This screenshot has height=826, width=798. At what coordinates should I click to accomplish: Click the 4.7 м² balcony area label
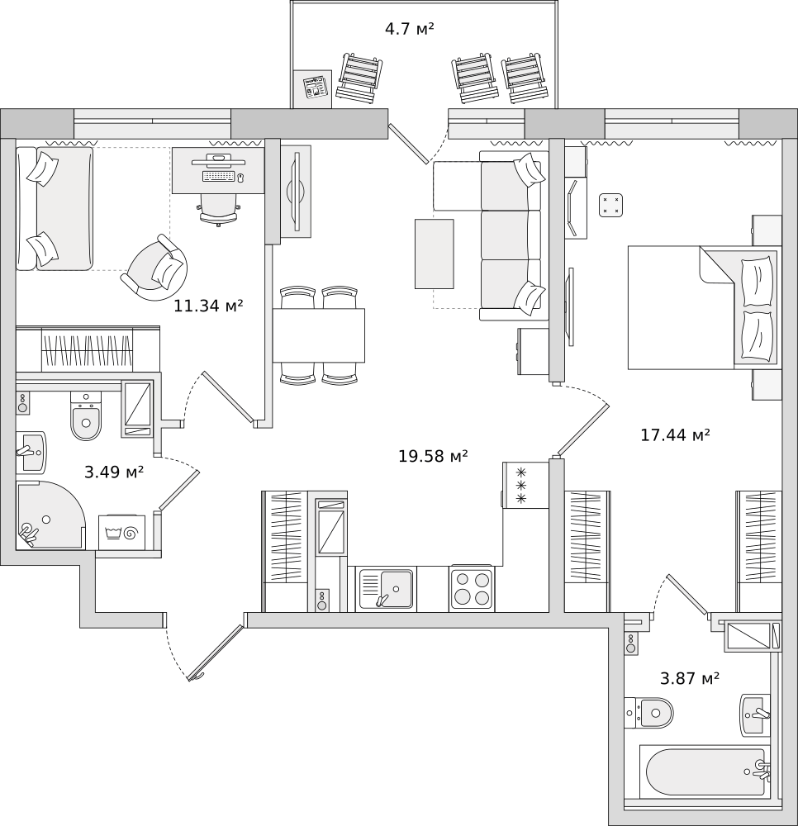click(409, 28)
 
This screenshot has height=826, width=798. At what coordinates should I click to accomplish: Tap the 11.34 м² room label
click(208, 305)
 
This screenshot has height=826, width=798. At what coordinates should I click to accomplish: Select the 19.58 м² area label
click(433, 456)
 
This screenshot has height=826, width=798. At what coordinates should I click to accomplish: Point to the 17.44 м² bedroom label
click(675, 434)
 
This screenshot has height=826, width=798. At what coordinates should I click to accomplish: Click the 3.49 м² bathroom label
click(114, 472)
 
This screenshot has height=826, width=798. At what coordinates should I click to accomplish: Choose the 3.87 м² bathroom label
click(690, 678)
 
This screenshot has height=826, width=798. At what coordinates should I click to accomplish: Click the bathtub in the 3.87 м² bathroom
click(705, 772)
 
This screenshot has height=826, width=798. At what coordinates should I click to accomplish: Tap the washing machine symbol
click(121, 532)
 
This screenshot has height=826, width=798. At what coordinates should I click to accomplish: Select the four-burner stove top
click(472, 588)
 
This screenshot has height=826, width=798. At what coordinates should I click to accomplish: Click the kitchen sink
click(387, 589)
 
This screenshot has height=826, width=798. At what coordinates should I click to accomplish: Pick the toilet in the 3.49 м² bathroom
click(86, 415)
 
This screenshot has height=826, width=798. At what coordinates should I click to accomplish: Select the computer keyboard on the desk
click(218, 176)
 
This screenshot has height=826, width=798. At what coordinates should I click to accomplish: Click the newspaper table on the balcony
click(313, 88)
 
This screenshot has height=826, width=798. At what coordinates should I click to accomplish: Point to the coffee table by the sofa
click(434, 254)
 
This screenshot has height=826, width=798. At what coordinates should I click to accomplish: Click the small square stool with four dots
click(611, 205)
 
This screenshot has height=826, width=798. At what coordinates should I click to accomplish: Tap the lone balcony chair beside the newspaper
click(359, 76)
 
